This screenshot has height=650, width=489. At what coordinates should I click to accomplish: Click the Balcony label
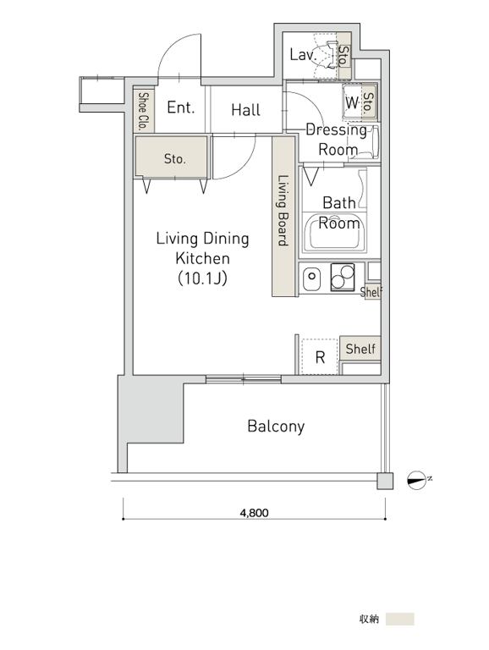click(276, 427)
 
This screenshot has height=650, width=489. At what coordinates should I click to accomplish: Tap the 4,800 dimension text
click(254, 513)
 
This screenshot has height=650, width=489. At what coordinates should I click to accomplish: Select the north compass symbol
click(417, 481)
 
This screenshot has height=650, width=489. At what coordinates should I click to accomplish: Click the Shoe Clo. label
click(143, 112)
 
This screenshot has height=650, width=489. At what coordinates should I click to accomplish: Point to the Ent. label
click(181, 107)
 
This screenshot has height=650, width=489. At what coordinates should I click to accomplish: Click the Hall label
click(245, 110)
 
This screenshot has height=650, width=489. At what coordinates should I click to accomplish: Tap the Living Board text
click(283, 211)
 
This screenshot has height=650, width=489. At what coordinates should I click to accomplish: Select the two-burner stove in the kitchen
click(343, 277)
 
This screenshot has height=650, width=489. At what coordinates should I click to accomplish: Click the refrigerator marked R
click(320, 357)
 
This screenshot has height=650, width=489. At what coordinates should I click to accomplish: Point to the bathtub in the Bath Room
click(334, 233)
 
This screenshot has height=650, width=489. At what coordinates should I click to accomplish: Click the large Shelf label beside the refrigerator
click(360, 349)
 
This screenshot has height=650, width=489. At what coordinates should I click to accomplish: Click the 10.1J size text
click(203, 278)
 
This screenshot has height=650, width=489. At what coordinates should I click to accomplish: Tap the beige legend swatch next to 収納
click(399, 619)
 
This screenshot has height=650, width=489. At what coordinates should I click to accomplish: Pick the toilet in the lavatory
click(330, 54)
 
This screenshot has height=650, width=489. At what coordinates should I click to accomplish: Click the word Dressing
click(336, 130)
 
